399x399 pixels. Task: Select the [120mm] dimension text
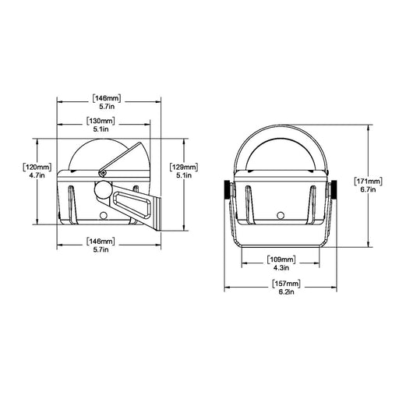coord(38,166)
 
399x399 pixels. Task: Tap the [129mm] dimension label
coord(184,166)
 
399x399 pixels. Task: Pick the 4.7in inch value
coord(38,175)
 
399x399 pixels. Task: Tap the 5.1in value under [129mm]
coord(184,175)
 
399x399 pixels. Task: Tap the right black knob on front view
coord(334,189)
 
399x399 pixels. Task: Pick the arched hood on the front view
coord(279,148)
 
